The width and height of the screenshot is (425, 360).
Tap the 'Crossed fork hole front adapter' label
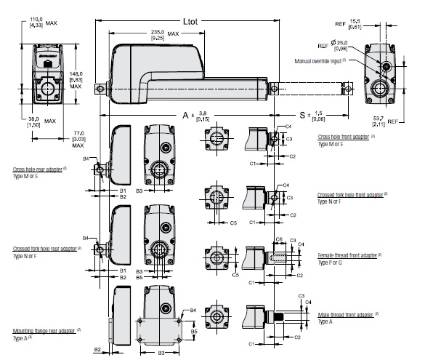point(352,196)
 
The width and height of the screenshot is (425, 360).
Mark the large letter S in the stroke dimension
point(302,116)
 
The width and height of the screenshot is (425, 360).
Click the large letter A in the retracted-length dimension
point(187,116)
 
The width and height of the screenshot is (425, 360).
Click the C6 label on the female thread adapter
point(279,239)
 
